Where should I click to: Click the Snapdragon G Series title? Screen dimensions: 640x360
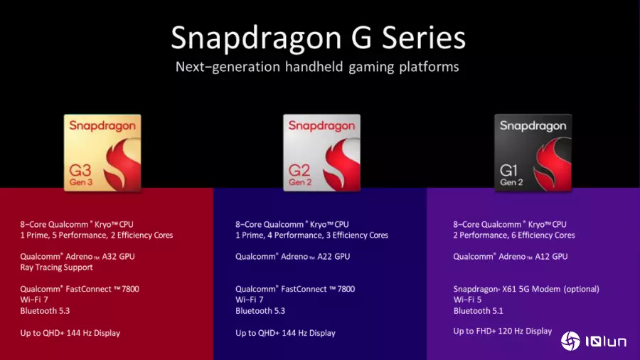pyautogui.click(x=318, y=38)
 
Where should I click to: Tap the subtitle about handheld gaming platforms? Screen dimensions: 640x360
pyautogui.click(x=317, y=67)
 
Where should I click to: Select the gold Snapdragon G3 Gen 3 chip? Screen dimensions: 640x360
pyautogui.click(x=102, y=153)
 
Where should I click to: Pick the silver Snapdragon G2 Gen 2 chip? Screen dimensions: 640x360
pyautogui.click(x=321, y=153)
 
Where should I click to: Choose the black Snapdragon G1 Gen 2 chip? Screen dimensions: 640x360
pyautogui.click(x=533, y=153)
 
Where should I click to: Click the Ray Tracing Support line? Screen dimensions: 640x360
pyautogui.click(x=56, y=268)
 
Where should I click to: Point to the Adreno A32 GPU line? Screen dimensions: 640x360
pyautogui.click(x=78, y=256)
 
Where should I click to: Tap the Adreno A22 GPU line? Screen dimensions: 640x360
pyautogui.click(x=293, y=256)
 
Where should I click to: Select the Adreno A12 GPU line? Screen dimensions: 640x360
pyautogui.click(x=510, y=256)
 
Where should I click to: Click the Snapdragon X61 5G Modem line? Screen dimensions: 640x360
pyautogui.click(x=526, y=289)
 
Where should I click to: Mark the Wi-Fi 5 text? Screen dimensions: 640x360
pyautogui.click(x=467, y=300)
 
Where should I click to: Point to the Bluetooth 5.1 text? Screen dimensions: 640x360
pyautogui.click(x=478, y=311)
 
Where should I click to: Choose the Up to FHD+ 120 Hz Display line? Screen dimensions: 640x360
pyautogui.click(x=503, y=331)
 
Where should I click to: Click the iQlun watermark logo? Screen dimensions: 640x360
pyautogui.click(x=594, y=341)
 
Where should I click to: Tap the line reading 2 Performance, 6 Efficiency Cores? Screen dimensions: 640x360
pyautogui.click(x=514, y=235)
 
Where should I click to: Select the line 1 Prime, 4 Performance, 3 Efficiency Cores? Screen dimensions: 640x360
pyautogui.click(x=312, y=235)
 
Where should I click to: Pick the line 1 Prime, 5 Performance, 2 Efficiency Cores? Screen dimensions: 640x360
pyautogui.click(x=97, y=235)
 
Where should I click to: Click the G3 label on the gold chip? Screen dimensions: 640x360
pyautogui.click(x=80, y=170)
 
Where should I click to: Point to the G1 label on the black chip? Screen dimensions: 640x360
pyautogui.click(x=508, y=170)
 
